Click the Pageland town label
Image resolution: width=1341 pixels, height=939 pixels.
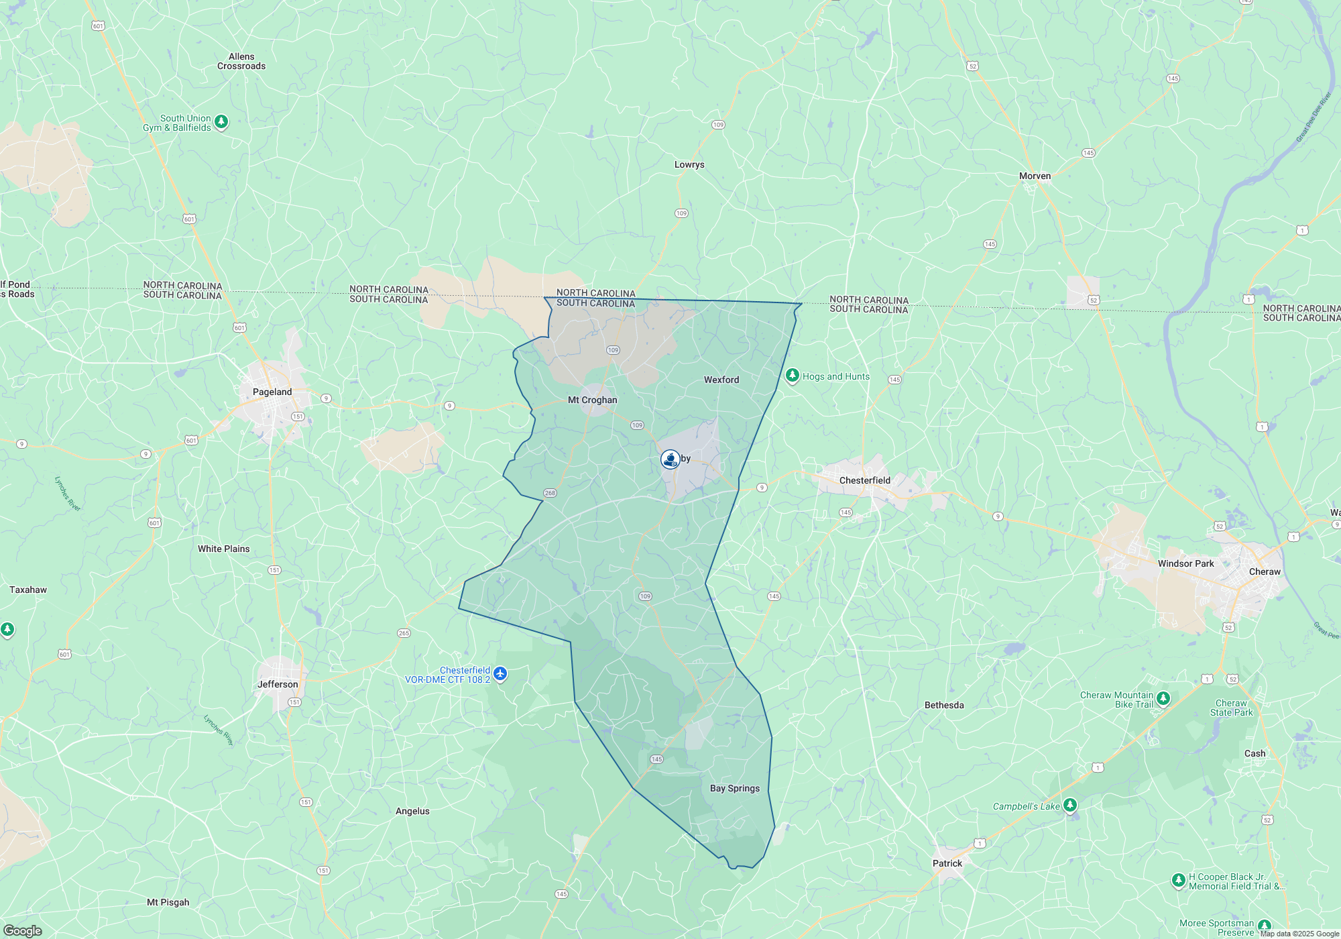point(272,392)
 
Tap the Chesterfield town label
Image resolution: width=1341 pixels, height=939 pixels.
point(865,480)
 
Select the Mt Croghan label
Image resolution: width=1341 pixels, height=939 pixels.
point(592,400)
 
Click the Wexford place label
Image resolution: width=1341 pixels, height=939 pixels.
point(721,380)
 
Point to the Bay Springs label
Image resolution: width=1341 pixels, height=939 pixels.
point(735,788)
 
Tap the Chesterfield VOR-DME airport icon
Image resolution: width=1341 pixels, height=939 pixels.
point(500,673)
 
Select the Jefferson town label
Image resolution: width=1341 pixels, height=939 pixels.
point(278,684)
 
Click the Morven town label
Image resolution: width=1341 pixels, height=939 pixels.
point(1035,176)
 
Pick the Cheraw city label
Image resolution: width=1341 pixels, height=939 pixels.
point(1265,571)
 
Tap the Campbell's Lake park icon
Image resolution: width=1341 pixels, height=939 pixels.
point(1070,805)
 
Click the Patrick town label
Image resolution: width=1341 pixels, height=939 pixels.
point(947,863)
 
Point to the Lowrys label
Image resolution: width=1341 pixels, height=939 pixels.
point(689,164)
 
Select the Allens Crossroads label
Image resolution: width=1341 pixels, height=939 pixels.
point(241,61)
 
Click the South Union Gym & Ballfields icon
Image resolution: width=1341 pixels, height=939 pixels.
point(221,122)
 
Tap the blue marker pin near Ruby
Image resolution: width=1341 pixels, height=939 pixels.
point(670,459)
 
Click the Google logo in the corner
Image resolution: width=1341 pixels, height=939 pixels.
point(22,930)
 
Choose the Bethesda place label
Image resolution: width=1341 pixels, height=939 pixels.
point(944,705)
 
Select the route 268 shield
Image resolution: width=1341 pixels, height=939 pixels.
point(550,493)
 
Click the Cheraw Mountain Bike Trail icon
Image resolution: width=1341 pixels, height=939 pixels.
point(1163,699)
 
